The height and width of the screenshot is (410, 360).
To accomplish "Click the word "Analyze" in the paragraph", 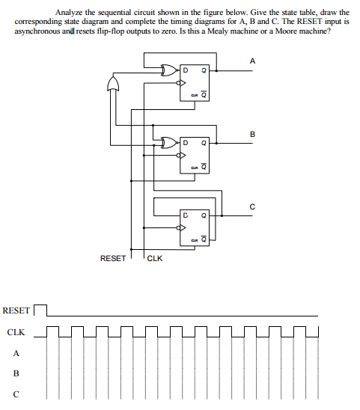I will click(70, 13).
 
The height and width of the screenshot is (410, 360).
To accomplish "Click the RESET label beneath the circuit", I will click(113, 258).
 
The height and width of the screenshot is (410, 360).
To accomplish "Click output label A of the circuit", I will click(252, 61).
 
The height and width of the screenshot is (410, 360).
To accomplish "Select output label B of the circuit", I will click(252, 135).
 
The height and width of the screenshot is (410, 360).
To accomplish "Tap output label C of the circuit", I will click(252, 206).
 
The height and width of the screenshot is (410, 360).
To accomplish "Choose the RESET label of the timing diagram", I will click(16, 310).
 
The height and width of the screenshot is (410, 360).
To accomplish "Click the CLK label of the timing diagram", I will click(16, 332).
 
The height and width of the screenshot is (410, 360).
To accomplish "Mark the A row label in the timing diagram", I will click(16, 354).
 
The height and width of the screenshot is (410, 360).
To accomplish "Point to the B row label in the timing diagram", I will click(16, 373).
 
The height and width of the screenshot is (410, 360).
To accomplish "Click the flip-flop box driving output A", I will click(194, 83).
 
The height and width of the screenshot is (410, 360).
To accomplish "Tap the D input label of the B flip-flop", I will click(184, 142).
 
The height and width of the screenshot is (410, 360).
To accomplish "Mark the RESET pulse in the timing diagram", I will click(40, 308).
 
